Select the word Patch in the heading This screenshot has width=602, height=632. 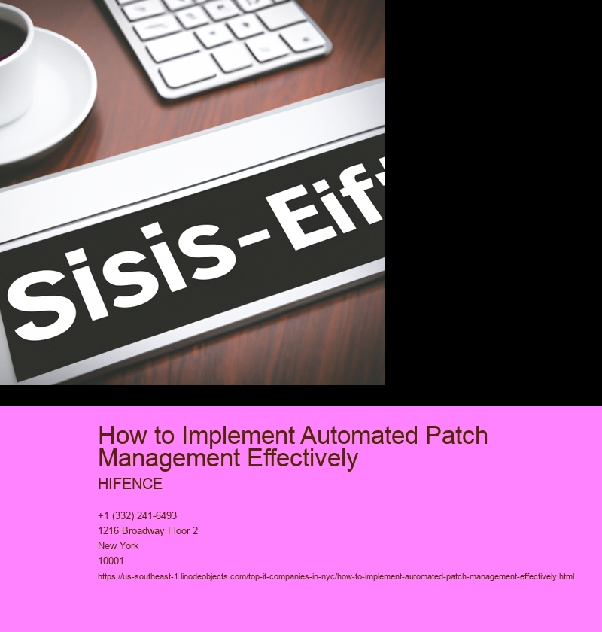click(457, 436)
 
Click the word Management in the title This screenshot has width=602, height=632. click(170, 459)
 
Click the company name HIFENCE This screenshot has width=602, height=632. click(130, 484)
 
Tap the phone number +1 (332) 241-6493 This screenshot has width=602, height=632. click(138, 516)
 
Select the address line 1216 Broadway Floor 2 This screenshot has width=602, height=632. click(148, 531)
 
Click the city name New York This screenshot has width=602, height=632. click(118, 545)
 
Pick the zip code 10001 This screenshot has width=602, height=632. click(111, 561)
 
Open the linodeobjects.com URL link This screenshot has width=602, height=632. click(336, 577)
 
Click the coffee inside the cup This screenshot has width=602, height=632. click(9, 37)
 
